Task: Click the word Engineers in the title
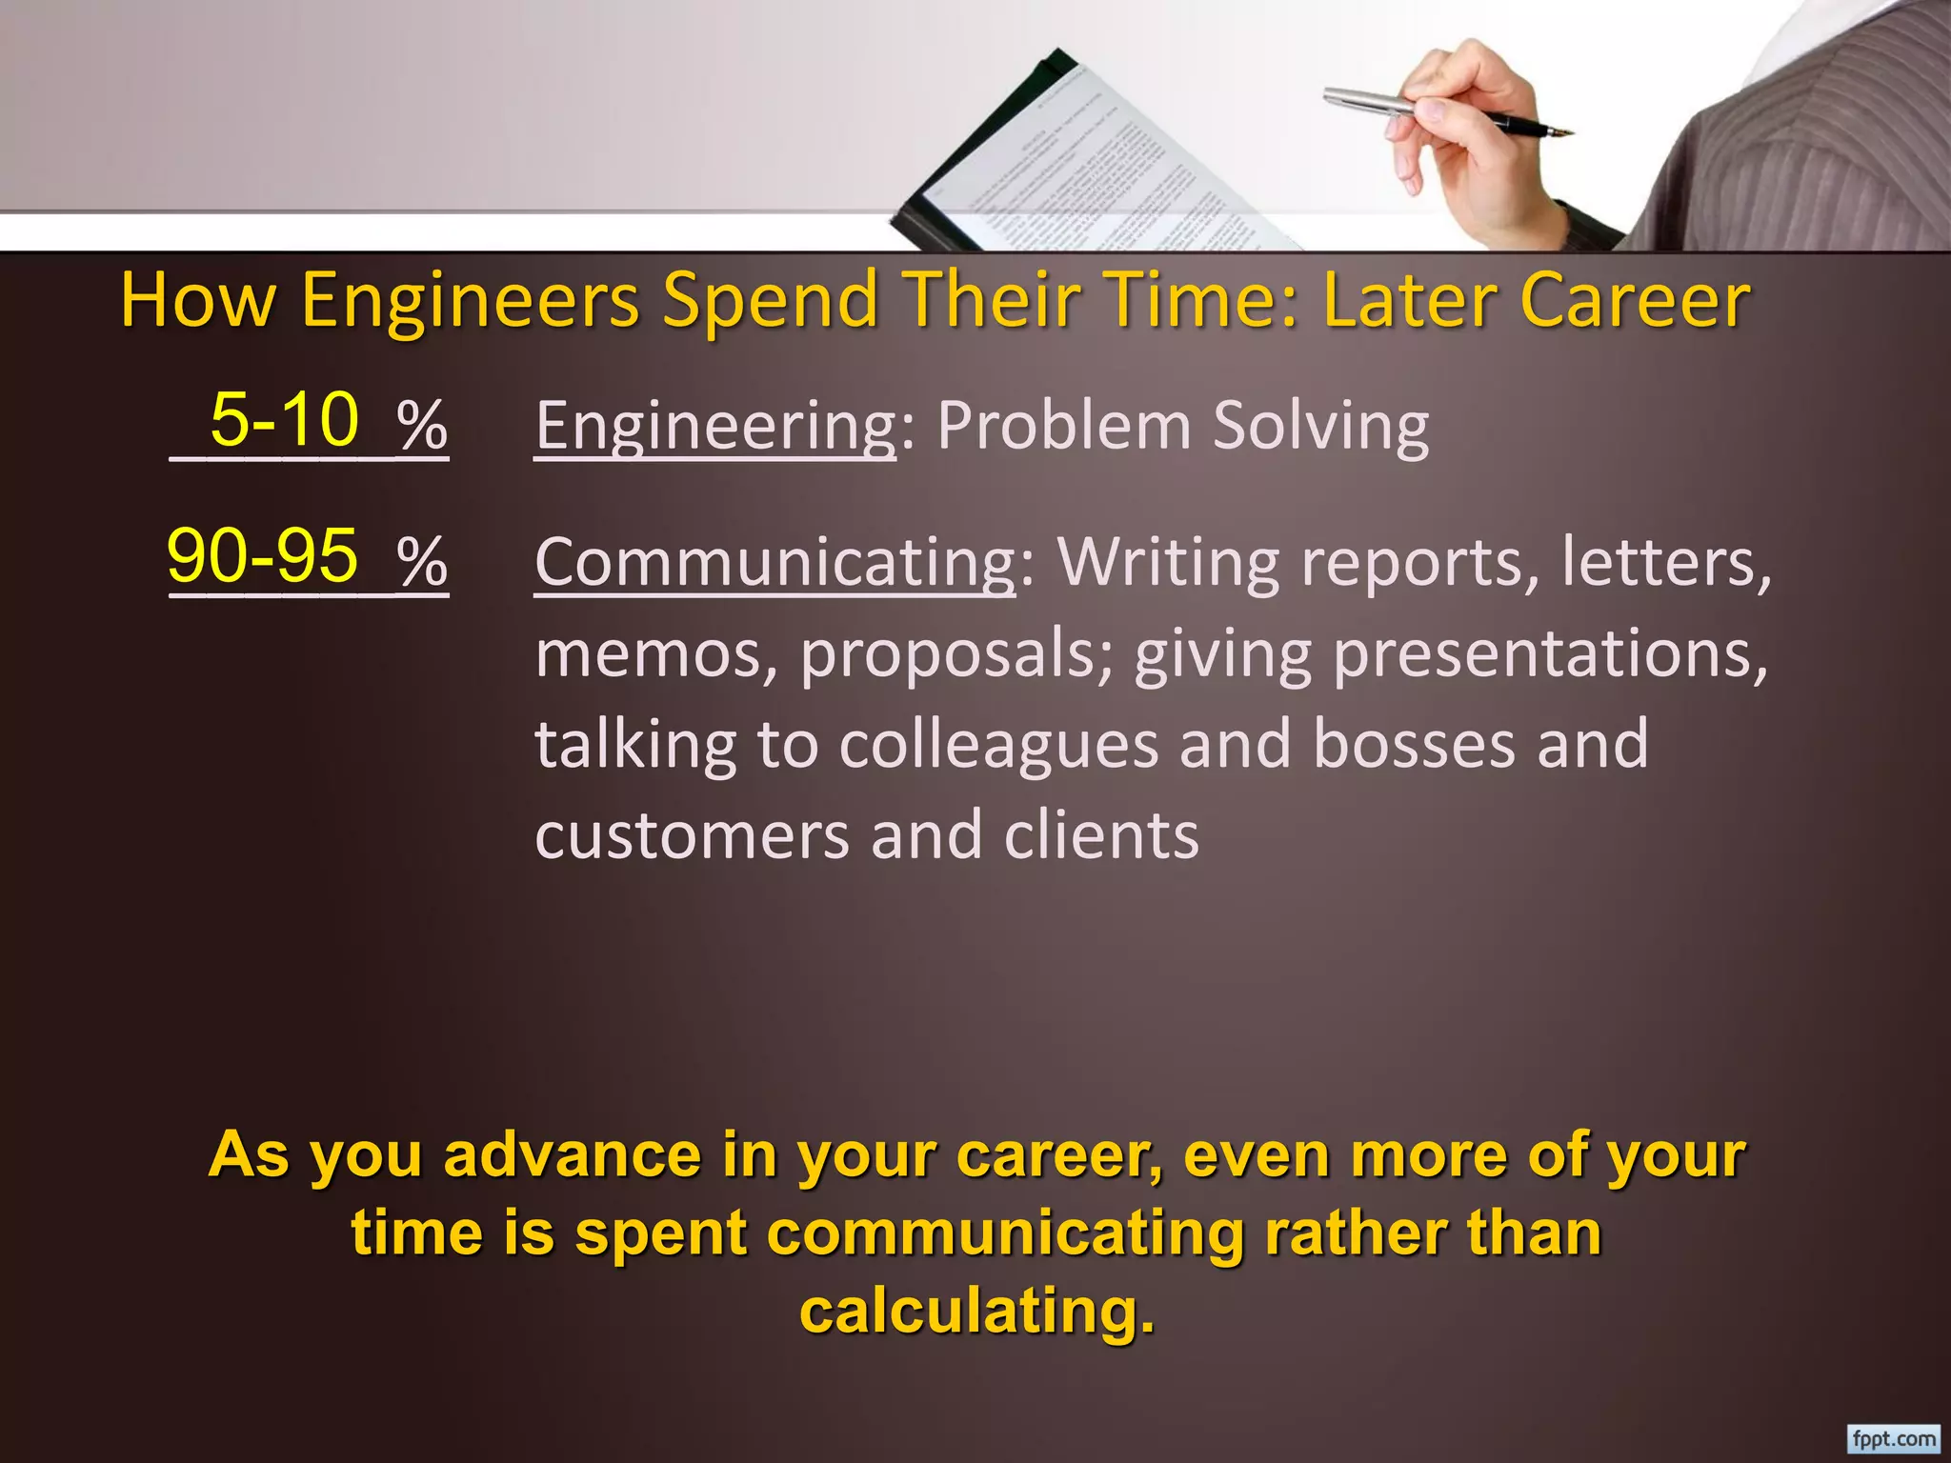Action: [x=470, y=301]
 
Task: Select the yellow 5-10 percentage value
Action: [x=284, y=419]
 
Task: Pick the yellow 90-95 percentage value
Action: [x=263, y=556]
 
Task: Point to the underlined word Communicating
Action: [x=775, y=563]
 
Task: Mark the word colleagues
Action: [x=998, y=746]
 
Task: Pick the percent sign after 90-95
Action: [x=422, y=562]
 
